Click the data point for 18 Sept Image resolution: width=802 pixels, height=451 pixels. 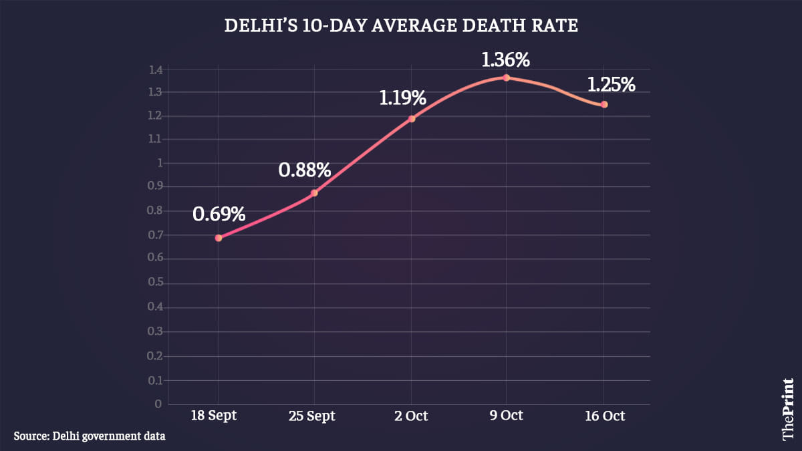pyautogui.click(x=219, y=238)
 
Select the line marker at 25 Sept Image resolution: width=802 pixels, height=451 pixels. pyautogui.click(x=314, y=193)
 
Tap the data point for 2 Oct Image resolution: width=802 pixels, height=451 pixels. pyautogui.click(x=412, y=119)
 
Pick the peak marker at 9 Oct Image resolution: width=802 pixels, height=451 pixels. pyautogui.click(x=507, y=78)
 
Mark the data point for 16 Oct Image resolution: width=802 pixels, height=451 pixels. pyautogui.click(x=604, y=104)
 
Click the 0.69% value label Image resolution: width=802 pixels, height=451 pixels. pyautogui.click(x=219, y=214)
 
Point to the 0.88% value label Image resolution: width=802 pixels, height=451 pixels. pyautogui.click(x=305, y=170)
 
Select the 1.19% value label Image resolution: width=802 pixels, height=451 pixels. pyautogui.click(x=402, y=98)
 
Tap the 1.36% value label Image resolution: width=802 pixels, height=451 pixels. pyautogui.click(x=506, y=59)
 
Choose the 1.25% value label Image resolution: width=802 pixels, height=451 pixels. pyautogui.click(x=611, y=85)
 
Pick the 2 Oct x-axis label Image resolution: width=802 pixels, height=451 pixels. pyautogui.click(x=412, y=416)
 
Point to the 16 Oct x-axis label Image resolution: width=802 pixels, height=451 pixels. pyautogui.click(x=604, y=416)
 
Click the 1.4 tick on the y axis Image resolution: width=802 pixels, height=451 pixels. pyautogui.click(x=156, y=69)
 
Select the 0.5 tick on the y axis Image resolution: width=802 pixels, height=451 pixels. pyautogui.click(x=156, y=283)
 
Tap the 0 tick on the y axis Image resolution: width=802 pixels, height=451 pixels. pyautogui.click(x=159, y=404)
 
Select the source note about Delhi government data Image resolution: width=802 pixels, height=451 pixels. pyautogui.click(x=90, y=436)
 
